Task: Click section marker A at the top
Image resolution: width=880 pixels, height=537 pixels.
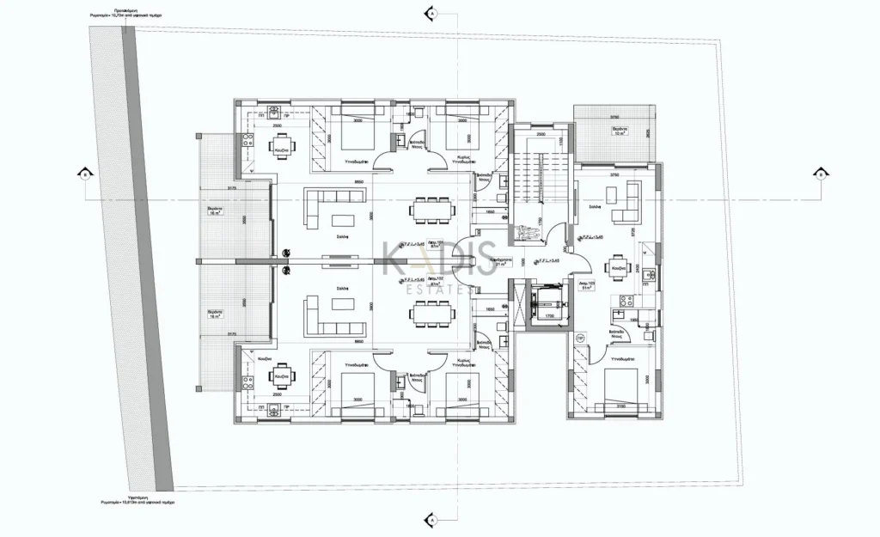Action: click(431, 15)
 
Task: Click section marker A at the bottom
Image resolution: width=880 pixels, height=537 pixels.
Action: click(431, 521)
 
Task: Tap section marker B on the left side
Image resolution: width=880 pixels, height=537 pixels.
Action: click(85, 174)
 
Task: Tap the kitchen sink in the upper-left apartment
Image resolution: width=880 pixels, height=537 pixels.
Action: click(273, 112)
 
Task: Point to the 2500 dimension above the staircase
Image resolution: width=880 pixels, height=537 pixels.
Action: click(541, 134)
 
